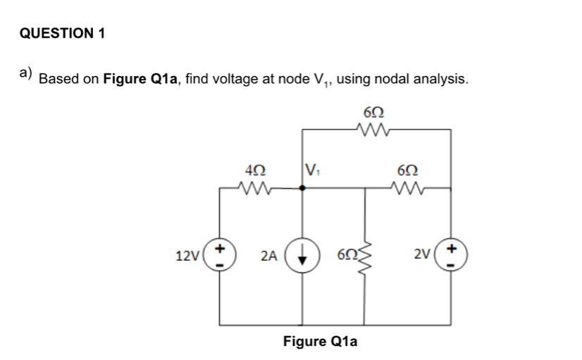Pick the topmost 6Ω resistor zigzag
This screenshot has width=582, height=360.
tap(372, 130)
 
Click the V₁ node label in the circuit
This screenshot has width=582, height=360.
tap(311, 170)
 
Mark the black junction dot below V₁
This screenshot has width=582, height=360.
tap(303, 188)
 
